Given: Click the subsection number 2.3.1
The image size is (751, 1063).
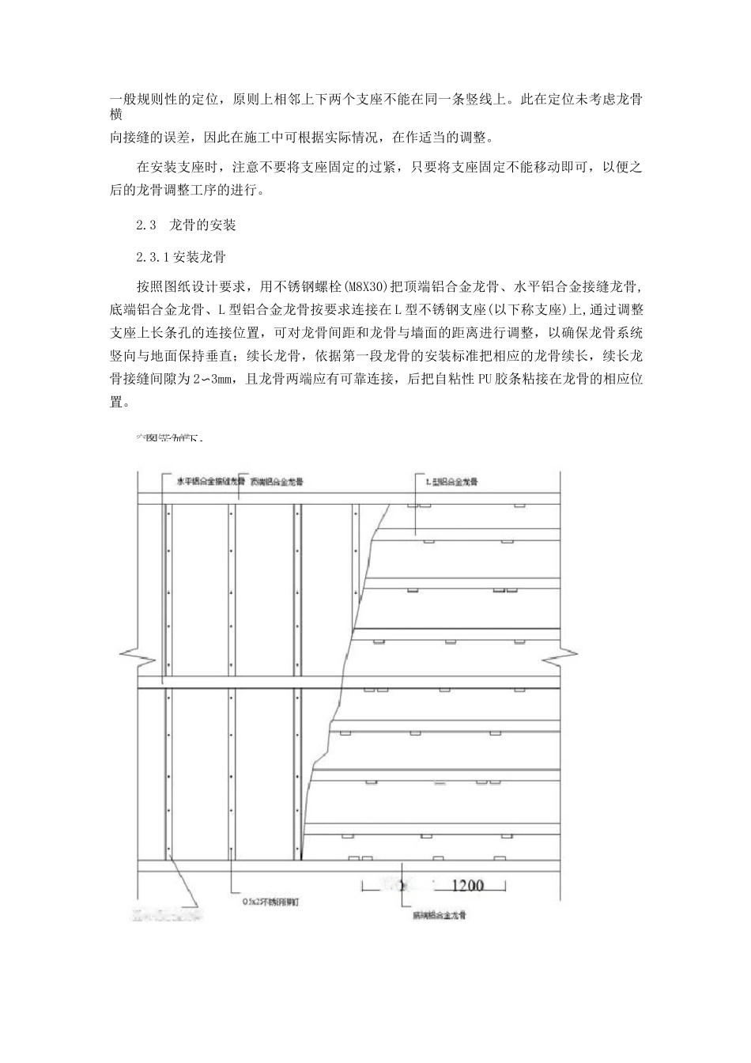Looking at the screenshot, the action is [x=153, y=257].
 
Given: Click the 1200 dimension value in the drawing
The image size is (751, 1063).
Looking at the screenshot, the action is [x=467, y=886].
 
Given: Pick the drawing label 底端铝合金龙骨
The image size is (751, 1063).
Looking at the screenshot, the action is [x=439, y=915].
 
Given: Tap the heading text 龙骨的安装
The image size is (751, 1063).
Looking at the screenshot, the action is [x=203, y=225].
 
